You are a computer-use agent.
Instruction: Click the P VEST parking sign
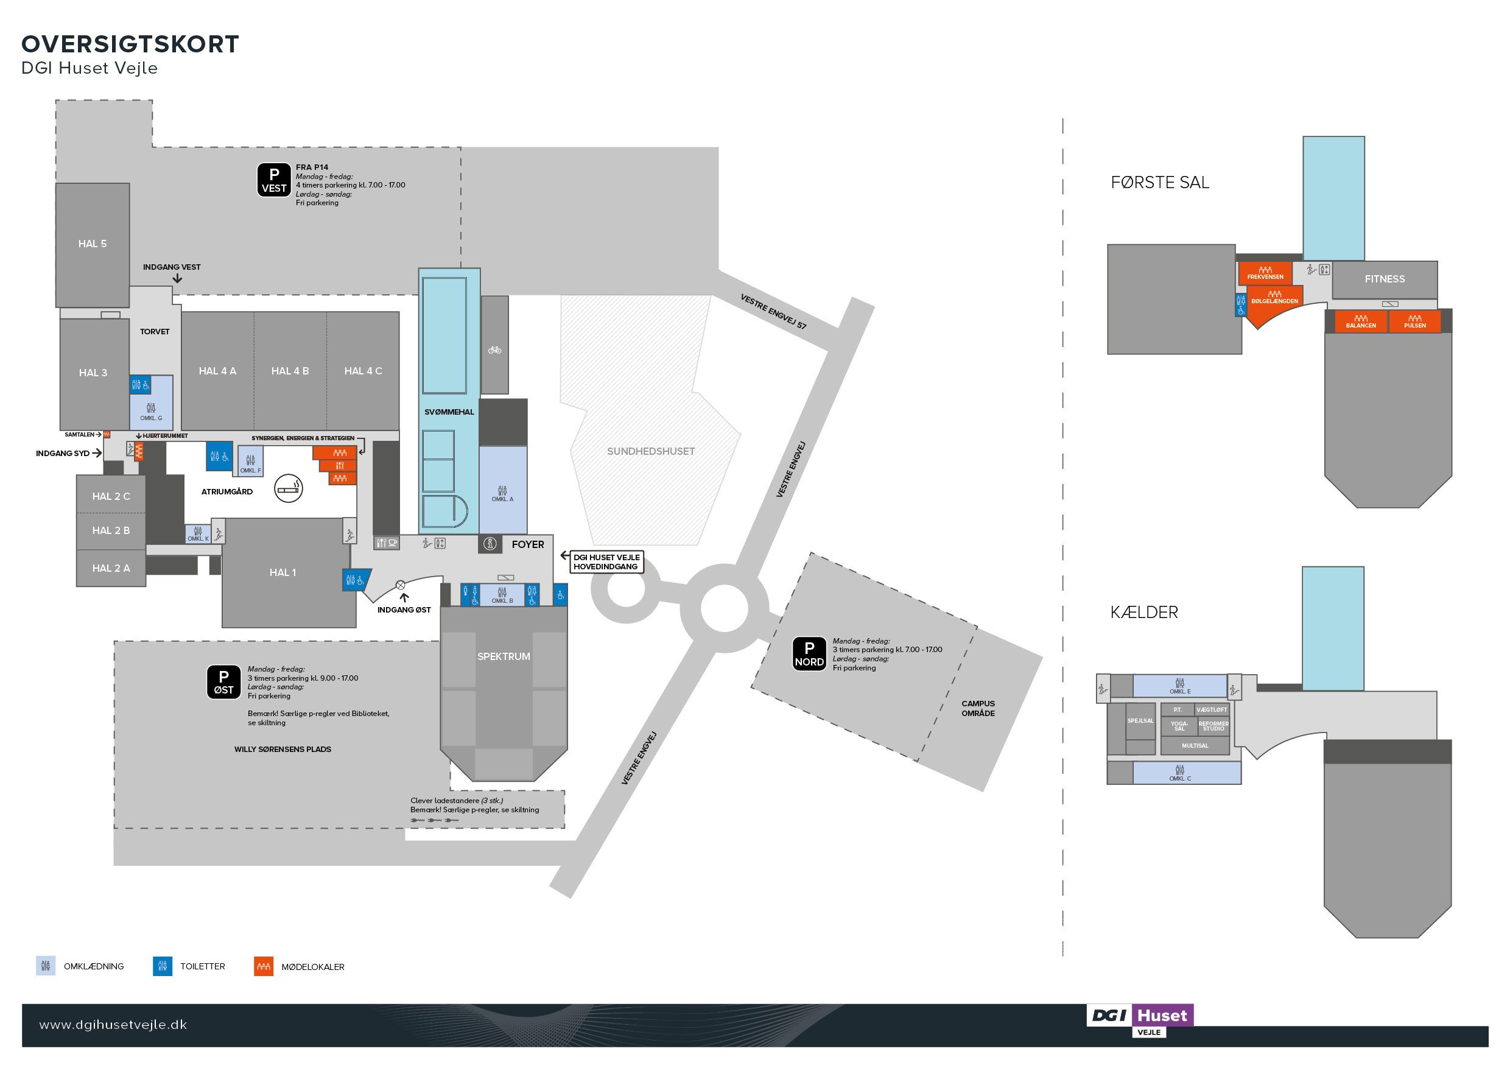point(273,180)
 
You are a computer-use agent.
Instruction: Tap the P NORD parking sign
point(809,654)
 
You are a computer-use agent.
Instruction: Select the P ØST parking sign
point(223,682)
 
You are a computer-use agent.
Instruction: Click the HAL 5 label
point(92,244)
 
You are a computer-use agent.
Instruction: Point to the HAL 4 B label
point(290,371)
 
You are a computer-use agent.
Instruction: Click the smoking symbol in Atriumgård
point(288,488)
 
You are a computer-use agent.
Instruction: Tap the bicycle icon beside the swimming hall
point(494,350)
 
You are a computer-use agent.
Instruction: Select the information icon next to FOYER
point(490,544)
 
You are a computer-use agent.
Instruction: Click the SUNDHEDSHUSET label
point(650,451)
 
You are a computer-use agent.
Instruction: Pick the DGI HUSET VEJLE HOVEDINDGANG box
point(606,561)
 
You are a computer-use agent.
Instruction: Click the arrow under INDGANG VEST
point(177,279)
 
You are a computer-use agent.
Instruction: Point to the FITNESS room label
point(1385,279)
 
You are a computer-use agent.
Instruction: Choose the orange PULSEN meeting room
point(1414,321)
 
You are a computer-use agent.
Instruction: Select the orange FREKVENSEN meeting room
point(1265,273)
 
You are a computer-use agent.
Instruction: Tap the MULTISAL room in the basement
point(1195,746)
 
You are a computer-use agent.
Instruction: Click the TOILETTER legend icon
point(163,966)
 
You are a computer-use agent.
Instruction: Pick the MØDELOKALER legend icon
point(264,966)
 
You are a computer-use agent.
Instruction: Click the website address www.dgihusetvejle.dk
point(113,1025)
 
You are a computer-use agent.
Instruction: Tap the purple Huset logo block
point(1162,1016)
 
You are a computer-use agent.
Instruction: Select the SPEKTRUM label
point(503,656)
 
